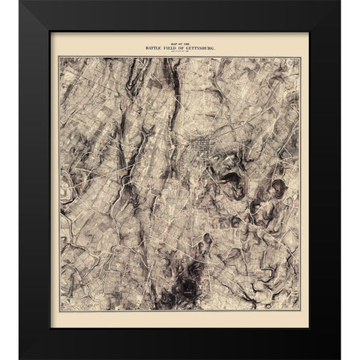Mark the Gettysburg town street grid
[x=200, y=147]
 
